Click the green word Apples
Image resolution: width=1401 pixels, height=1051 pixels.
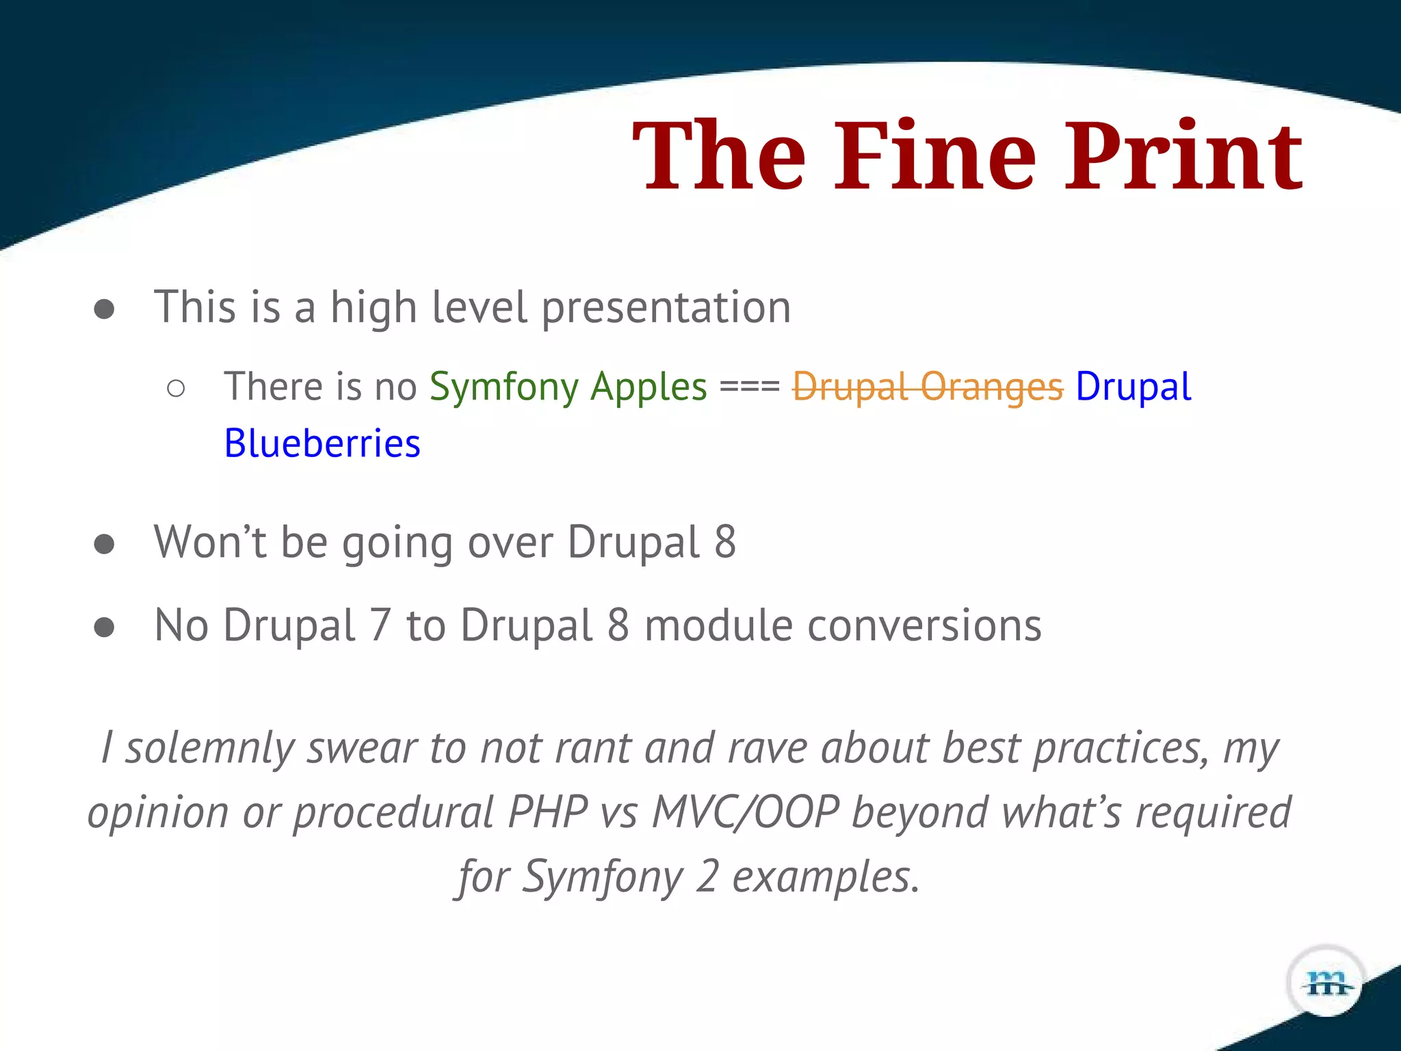649,387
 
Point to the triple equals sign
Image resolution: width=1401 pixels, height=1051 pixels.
750,387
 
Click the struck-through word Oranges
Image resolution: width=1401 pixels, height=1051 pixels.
992,387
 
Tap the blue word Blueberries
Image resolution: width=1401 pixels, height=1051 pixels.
322,443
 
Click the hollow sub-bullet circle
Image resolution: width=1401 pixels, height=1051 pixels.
176,389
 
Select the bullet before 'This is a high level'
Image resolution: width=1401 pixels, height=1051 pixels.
104,309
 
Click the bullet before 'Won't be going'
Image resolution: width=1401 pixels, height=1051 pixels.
104,544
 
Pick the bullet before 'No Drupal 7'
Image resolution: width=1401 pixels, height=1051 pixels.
104,627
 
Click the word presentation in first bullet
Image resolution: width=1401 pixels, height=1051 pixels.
666,308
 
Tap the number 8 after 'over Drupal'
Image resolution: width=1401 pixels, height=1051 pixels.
725,542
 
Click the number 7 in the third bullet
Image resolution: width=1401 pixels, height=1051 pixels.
380,625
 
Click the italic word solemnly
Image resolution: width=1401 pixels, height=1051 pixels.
209,747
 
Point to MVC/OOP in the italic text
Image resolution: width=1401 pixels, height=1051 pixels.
746,813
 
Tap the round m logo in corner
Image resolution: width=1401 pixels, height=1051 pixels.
1326,983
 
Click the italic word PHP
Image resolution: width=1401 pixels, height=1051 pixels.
547,813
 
